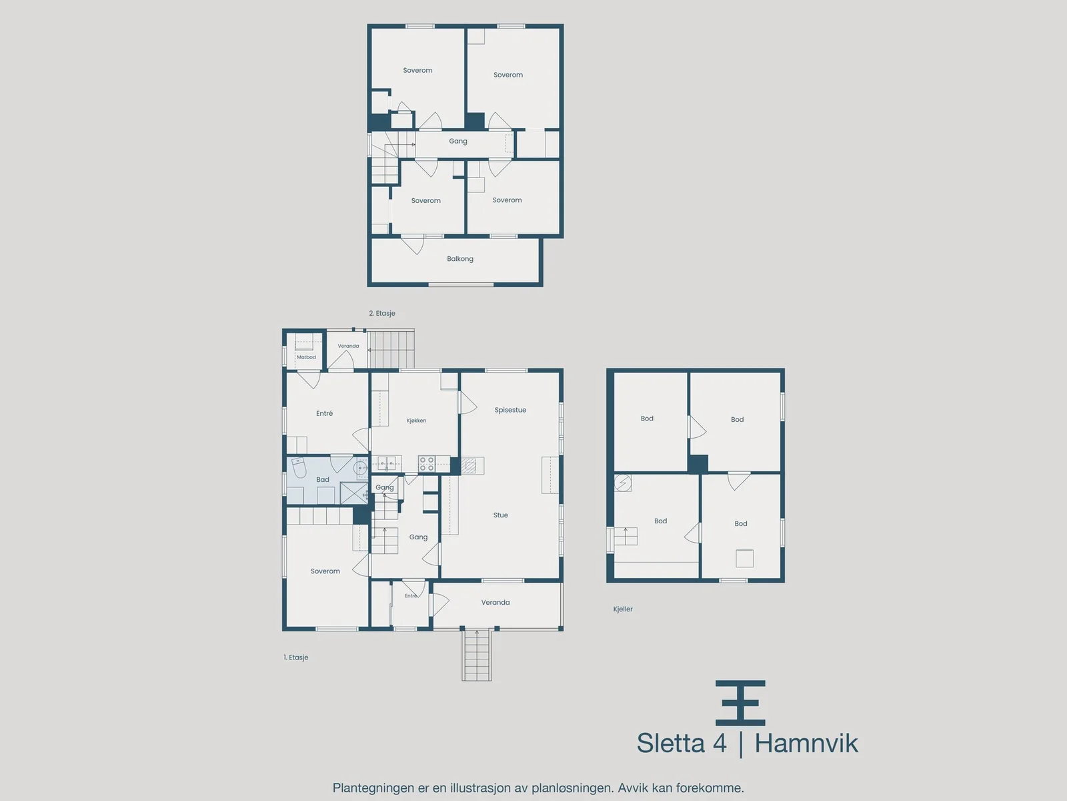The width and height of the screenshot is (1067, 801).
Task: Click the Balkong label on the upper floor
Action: click(x=460, y=259)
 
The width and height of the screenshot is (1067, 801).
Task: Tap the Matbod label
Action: click(x=306, y=357)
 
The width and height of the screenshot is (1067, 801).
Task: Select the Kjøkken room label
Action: click(x=416, y=421)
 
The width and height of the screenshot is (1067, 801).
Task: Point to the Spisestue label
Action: click(x=510, y=410)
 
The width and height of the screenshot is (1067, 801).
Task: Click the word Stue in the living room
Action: click(x=501, y=515)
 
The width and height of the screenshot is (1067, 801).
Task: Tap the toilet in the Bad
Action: click(x=298, y=467)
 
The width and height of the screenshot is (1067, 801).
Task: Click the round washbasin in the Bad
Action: click(x=361, y=469)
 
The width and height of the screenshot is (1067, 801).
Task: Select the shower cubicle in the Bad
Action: click(x=354, y=493)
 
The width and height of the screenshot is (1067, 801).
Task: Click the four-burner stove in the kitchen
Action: click(x=426, y=464)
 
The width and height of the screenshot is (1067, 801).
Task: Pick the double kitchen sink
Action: click(x=387, y=464)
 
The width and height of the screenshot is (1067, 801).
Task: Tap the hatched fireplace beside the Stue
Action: click(x=469, y=465)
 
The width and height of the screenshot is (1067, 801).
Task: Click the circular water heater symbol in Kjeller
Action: click(x=622, y=483)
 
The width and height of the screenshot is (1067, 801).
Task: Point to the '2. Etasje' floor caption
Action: click(x=382, y=313)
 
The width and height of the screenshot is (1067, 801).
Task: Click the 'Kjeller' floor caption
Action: click(x=623, y=609)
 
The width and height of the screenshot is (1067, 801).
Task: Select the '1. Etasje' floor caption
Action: click(x=296, y=657)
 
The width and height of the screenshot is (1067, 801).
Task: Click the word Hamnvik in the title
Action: click(x=806, y=744)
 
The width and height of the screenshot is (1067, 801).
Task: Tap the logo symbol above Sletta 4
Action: click(x=740, y=703)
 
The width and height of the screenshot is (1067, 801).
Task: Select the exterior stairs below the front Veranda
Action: click(x=477, y=655)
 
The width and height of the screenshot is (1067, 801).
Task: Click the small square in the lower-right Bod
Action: click(x=745, y=558)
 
